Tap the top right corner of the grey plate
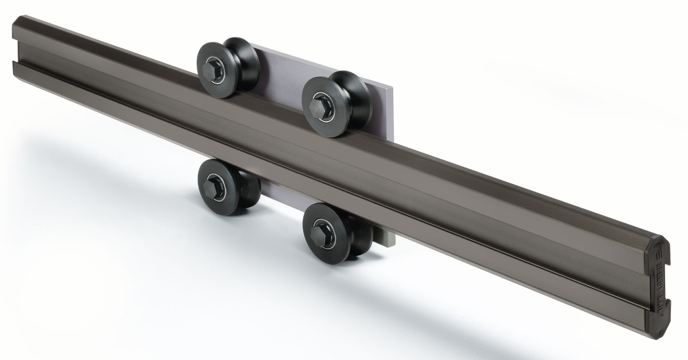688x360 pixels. (392, 88)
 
